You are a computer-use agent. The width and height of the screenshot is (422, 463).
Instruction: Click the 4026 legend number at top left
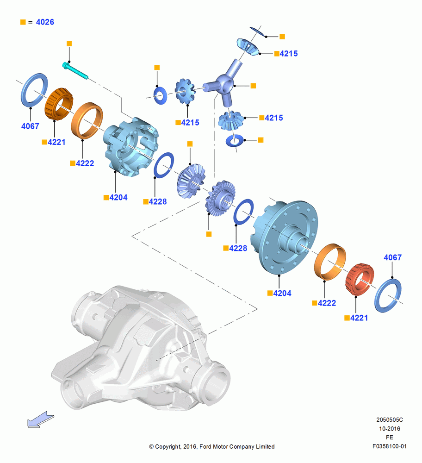[45, 22]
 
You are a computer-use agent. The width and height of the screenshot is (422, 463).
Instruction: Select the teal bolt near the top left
[75, 70]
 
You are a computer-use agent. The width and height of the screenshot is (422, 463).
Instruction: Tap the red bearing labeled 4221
[360, 280]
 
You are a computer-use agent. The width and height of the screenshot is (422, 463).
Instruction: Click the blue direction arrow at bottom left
[40, 419]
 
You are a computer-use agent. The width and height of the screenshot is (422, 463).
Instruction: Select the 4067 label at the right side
[392, 257]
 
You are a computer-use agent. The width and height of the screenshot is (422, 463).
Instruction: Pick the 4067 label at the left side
[30, 126]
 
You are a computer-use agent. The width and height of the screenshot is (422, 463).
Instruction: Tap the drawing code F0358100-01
[390, 446]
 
